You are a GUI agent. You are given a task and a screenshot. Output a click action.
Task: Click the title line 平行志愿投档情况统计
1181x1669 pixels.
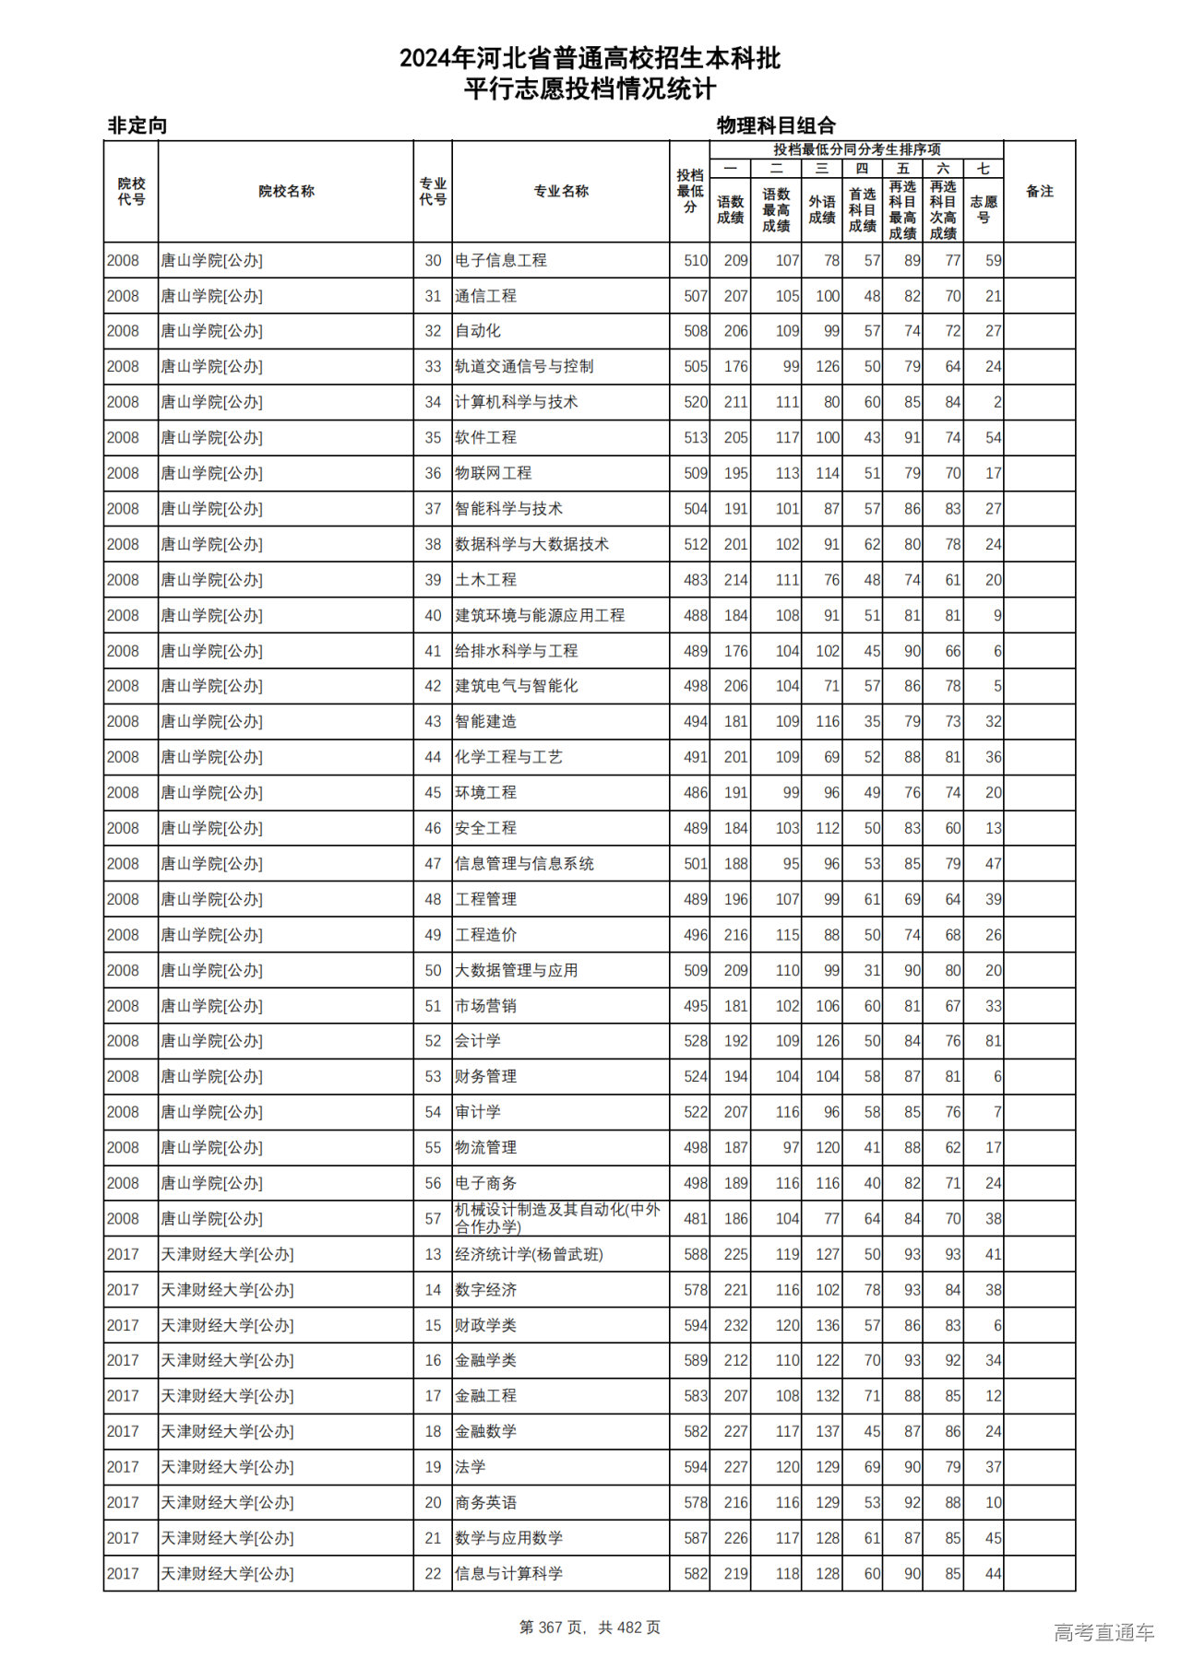[590, 89]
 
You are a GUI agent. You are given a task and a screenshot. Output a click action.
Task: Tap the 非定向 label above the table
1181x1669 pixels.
[137, 125]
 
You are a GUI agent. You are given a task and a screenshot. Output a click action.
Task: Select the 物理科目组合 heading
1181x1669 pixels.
[776, 125]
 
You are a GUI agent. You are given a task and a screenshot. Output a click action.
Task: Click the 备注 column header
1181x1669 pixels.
[1039, 191]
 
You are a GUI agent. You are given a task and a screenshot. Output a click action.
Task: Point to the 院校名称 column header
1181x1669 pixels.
[286, 191]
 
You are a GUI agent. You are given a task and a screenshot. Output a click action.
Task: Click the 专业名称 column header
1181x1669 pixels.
[560, 191]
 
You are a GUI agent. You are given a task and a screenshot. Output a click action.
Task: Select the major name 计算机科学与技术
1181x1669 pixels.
[516, 402]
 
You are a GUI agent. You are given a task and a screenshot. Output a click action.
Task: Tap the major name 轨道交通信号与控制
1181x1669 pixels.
[524, 366]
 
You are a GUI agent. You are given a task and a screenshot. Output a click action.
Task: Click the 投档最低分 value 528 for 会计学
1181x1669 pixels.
[696, 1041]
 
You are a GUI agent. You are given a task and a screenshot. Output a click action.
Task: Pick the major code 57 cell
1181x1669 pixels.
[433, 1218]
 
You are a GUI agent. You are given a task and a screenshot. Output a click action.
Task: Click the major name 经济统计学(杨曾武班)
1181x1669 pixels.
[529, 1254]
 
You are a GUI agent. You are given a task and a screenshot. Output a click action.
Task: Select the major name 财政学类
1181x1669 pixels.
[485, 1325]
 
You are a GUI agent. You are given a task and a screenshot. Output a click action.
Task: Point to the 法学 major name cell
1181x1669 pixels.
[470, 1467]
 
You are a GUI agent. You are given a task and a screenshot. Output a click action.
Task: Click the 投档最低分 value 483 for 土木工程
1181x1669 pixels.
[696, 580]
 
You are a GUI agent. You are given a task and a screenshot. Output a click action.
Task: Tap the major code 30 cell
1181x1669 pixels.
[433, 261]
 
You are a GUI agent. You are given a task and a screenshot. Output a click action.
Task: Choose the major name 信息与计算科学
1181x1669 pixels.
[508, 1573]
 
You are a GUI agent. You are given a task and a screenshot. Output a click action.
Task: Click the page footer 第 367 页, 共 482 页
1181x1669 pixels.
[590, 1628]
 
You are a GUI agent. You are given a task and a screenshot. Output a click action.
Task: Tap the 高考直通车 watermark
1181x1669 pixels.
[1103, 1632]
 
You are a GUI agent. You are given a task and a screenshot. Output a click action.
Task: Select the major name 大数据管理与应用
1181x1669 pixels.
[516, 970]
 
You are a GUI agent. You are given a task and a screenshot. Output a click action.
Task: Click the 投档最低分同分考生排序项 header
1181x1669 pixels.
[856, 149]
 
